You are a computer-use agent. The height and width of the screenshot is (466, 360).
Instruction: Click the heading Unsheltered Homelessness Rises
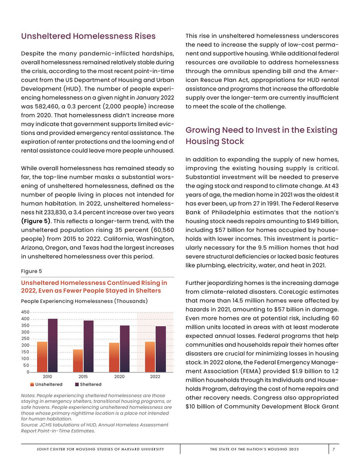[88, 37]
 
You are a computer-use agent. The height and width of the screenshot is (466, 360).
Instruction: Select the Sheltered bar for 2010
[52, 345]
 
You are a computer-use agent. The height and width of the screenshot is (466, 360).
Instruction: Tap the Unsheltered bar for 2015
[78, 361]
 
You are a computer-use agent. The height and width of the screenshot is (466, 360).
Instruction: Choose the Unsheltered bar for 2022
[150, 356]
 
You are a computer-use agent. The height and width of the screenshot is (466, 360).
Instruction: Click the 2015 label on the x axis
[83, 377]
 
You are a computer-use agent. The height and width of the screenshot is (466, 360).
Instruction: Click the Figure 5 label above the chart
[31, 271]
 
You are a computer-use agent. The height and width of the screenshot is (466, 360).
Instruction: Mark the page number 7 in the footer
[334, 450]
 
